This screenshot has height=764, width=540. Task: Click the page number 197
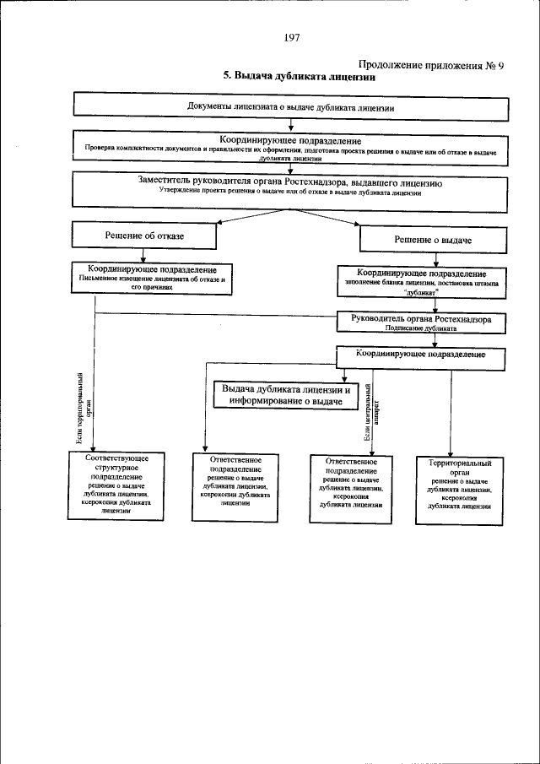pyautogui.click(x=293, y=37)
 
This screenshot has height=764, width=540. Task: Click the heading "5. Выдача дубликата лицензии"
pyautogui.click(x=299, y=76)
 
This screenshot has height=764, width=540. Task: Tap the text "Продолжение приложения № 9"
pyautogui.click(x=431, y=64)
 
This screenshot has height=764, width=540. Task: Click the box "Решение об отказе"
pyautogui.click(x=143, y=236)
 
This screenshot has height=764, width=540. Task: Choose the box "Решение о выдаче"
pyautogui.click(x=432, y=241)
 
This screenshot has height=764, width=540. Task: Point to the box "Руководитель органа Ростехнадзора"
pyautogui.click(x=421, y=323)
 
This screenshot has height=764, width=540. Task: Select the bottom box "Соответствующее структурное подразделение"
pyautogui.click(x=117, y=484)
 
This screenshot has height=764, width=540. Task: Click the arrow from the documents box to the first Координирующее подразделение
pyautogui.click(x=290, y=123)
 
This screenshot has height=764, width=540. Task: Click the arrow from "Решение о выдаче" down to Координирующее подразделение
pyautogui.click(x=435, y=259)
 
